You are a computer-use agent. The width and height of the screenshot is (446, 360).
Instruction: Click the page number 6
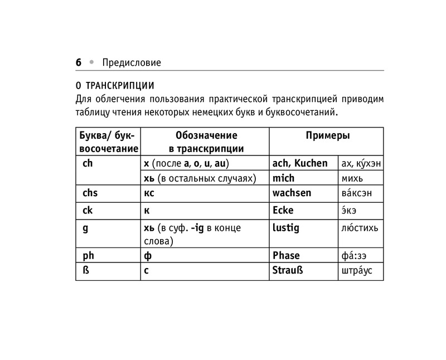(79, 62)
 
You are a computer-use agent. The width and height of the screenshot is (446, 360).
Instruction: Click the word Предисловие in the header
(128, 63)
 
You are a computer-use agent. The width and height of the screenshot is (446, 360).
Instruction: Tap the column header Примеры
(327, 135)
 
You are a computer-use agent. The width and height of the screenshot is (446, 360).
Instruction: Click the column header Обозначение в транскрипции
(206, 142)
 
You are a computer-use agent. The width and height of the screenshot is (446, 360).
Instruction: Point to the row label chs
(90, 193)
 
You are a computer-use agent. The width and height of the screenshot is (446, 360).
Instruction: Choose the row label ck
(87, 211)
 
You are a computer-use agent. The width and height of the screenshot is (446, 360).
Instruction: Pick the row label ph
(88, 256)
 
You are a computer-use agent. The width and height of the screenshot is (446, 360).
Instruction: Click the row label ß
(85, 271)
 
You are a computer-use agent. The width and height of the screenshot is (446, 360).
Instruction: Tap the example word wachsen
(292, 193)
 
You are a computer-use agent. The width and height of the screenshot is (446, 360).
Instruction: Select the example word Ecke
(283, 211)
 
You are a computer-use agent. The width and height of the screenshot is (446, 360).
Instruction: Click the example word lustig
(285, 228)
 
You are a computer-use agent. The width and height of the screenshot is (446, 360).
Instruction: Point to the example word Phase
(286, 256)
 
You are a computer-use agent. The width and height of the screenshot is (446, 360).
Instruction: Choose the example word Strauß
(288, 271)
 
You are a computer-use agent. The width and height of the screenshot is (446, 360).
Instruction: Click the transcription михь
(351, 178)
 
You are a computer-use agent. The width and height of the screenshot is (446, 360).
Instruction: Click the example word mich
(283, 178)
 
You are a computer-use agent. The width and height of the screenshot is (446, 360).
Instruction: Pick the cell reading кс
(149, 193)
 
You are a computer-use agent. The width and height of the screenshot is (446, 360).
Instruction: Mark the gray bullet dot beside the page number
(92, 62)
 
